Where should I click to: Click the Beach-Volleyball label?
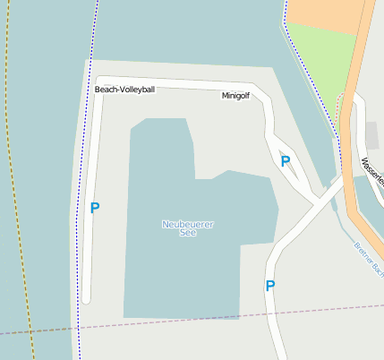(x=125, y=90)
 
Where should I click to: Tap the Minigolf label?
(x=237, y=94)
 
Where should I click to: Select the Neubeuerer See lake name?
(x=188, y=227)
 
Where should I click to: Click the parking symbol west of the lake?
(x=95, y=208)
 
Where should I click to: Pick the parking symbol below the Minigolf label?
(x=286, y=162)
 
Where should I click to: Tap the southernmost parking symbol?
(x=269, y=287)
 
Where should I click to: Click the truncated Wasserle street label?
(x=372, y=170)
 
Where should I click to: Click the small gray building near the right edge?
(x=372, y=135)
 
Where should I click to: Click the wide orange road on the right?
(x=354, y=134)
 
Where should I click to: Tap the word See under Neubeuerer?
(x=188, y=233)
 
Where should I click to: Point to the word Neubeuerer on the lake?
(x=188, y=223)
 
